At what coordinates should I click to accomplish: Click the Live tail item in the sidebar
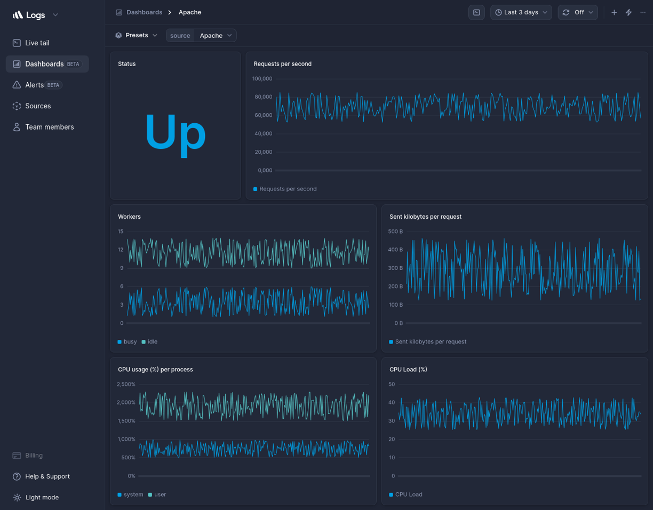tap(37, 43)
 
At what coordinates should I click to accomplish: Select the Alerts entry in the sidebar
tap(35, 85)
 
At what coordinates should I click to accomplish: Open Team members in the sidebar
tap(49, 127)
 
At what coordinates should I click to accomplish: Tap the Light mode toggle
tap(42, 497)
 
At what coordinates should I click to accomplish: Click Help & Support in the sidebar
tap(47, 476)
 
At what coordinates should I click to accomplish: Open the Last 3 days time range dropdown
tap(521, 12)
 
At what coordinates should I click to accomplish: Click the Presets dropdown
tap(137, 35)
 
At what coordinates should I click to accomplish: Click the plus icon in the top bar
tap(614, 12)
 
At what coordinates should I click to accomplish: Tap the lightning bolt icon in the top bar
tap(628, 12)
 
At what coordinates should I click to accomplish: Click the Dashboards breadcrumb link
tap(144, 12)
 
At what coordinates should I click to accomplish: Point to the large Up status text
tap(175, 132)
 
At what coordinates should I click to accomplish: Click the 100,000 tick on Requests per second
tap(262, 78)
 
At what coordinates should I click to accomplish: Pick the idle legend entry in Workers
tap(152, 341)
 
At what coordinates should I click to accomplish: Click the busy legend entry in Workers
tap(130, 341)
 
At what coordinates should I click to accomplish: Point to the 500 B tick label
tap(395, 232)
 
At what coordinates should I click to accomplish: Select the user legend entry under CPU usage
tap(160, 495)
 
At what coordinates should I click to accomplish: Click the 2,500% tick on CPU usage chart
tap(126, 384)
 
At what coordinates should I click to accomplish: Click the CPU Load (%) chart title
tap(408, 369)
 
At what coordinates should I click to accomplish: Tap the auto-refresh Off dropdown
tap(578, 12)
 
